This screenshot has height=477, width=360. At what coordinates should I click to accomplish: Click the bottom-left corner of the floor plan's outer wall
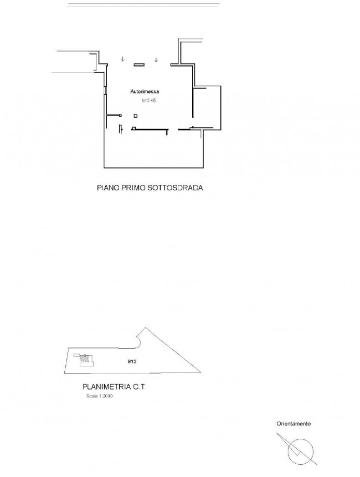click(x=104, y=168)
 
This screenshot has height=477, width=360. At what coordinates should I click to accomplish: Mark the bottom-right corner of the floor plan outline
click(x=203, y=168)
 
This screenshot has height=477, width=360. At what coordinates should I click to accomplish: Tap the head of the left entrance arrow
click(x=122, y=61)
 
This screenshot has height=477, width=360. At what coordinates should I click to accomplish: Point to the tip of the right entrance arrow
click(x=156, y=62)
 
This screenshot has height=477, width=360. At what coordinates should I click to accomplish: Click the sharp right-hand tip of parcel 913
click(x=201, y=372)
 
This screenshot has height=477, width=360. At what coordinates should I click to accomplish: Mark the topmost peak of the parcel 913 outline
click(x=145, y=328)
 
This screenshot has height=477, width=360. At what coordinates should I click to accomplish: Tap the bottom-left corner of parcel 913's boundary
click(x=64, y=374)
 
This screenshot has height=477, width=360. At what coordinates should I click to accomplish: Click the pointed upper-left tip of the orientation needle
click(x=277, y=433)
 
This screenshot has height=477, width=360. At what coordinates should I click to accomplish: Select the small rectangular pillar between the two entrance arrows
click(x=139, y=65)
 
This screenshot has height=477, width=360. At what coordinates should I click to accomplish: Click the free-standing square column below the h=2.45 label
click(x=136, y=116)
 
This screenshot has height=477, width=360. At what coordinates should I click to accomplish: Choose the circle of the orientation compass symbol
click(x=300, y=452)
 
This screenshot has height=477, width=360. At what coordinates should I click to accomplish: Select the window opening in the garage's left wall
click(x=105, y=90)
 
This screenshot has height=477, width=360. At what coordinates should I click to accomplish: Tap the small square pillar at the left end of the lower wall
click(x=133, y=128)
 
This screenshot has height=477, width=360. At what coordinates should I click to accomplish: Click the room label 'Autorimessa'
click(x=145, y=91)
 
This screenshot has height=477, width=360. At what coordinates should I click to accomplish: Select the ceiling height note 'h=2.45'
click(x=148, y=100)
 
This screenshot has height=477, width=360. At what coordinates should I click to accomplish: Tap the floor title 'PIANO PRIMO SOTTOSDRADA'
click(x=150, y=188)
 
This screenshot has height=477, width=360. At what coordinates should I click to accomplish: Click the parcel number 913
click(x=132, y=361)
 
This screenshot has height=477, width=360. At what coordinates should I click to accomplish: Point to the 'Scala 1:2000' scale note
click(x=100, y=396)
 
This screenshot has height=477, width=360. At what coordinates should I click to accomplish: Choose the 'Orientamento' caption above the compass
click(x=294, y=423)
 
